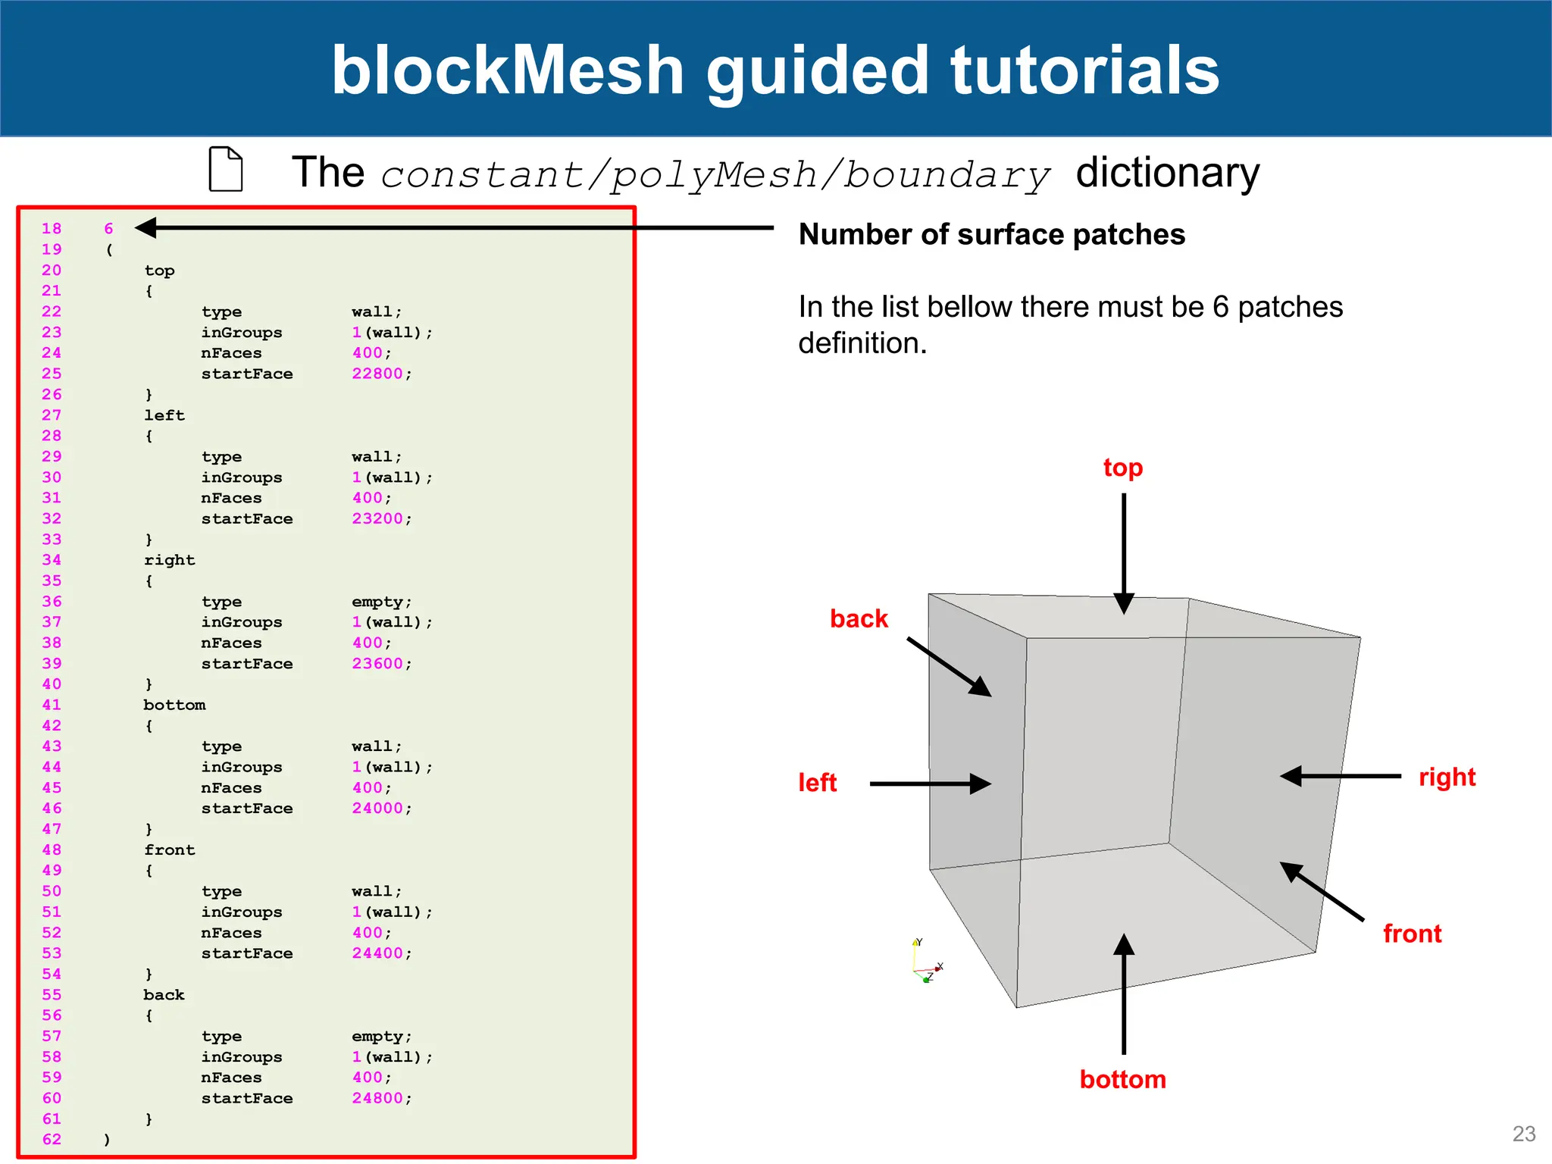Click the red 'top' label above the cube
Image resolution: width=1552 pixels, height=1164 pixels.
1122,468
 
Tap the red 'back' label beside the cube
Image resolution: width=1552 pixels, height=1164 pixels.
858,618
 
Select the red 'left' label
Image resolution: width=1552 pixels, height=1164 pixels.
817,782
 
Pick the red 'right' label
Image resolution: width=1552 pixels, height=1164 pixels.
1447,777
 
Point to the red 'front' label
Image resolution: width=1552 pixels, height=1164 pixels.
1412,934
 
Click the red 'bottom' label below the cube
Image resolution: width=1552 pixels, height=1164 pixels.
1122,1079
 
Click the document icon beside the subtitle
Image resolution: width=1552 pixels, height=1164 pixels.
226,169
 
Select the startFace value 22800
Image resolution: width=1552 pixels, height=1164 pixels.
377,374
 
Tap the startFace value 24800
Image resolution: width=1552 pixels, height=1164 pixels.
377,1098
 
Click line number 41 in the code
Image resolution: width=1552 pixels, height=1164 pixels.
52,705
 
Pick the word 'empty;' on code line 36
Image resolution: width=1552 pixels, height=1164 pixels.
381,602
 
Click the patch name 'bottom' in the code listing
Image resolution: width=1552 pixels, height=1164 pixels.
174,705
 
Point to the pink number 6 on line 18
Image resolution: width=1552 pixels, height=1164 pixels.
108,228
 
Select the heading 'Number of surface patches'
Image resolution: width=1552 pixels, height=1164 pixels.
991,234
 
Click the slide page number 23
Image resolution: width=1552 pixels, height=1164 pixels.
1523,1134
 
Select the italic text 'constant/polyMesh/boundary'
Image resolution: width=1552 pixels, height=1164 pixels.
715,174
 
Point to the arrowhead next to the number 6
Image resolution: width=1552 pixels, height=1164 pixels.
146,227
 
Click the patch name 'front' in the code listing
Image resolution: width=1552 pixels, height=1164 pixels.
170,850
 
